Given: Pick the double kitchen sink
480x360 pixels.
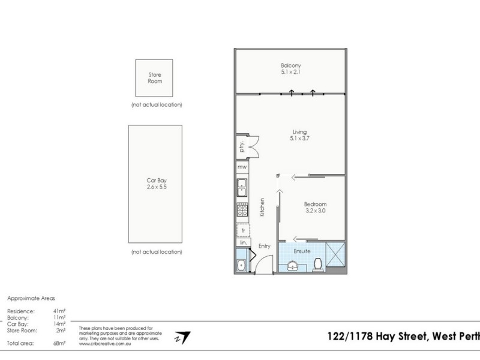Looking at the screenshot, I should point(242,188).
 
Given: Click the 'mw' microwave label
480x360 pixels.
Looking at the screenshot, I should point(242,167).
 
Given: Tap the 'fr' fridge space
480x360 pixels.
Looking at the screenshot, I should point(244,230).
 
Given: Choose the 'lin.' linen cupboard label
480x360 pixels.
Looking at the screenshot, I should point(244,244).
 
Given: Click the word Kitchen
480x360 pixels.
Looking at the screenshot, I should point(262,208).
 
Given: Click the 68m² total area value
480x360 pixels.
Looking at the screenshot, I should point(59,344).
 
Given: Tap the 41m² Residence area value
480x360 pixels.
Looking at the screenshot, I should point(59,311).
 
